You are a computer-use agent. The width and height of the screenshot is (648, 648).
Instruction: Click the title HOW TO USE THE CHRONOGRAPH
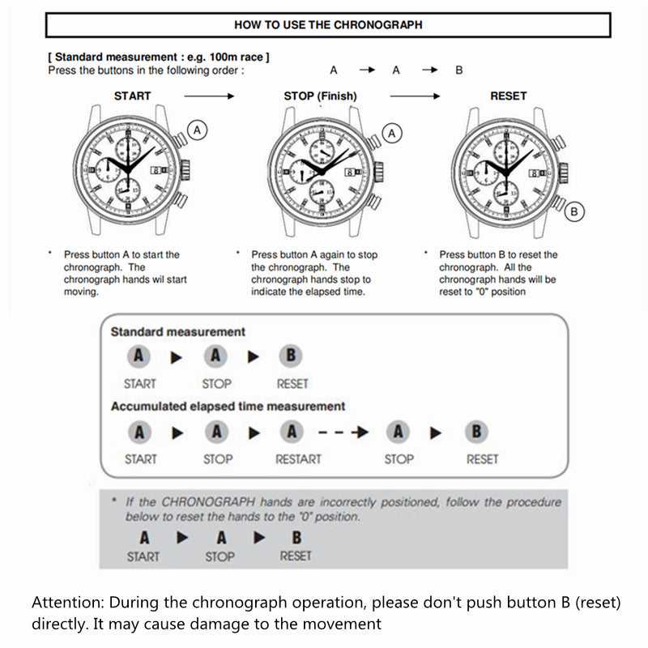tap(328, 24)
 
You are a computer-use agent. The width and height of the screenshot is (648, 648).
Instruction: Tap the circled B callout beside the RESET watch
tap(574, 211)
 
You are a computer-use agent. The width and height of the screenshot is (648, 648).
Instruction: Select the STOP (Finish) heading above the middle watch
tap(319, 96)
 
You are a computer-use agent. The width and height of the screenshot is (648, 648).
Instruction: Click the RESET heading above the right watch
tap(508, 96)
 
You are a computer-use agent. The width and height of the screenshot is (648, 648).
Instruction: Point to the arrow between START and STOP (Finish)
tap(209, 96)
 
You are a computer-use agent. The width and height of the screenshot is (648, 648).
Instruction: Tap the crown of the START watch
tap(185, 169)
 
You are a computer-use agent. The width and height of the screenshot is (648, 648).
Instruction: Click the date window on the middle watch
tap(349, 171)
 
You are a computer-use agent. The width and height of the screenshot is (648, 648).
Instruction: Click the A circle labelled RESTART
tap(292, 433)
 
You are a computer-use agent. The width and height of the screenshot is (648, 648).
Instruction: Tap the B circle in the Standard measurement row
tap(291, 356)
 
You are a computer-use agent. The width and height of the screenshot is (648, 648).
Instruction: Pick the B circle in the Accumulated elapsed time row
tap(475, 433)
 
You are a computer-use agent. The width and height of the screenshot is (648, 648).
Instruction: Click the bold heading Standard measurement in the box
tap(177, 331)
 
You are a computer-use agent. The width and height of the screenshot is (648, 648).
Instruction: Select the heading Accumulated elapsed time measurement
tap(228, 406)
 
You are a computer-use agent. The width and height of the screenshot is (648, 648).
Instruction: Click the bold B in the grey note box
tap(296, 537)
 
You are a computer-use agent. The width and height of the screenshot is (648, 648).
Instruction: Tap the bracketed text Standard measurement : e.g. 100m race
tap(159, 57)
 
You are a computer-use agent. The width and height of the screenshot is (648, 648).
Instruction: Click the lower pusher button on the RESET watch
tap(557, 200)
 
